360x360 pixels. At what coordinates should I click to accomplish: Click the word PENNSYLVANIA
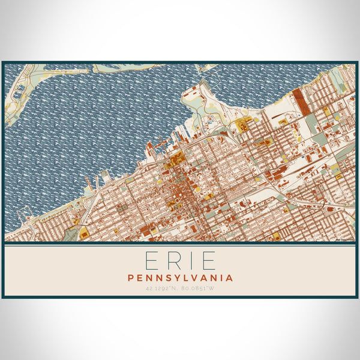pos(180,278)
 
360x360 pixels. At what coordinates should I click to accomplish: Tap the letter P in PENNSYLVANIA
pos(131,278)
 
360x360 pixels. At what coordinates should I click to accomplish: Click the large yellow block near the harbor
pos(244,125)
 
